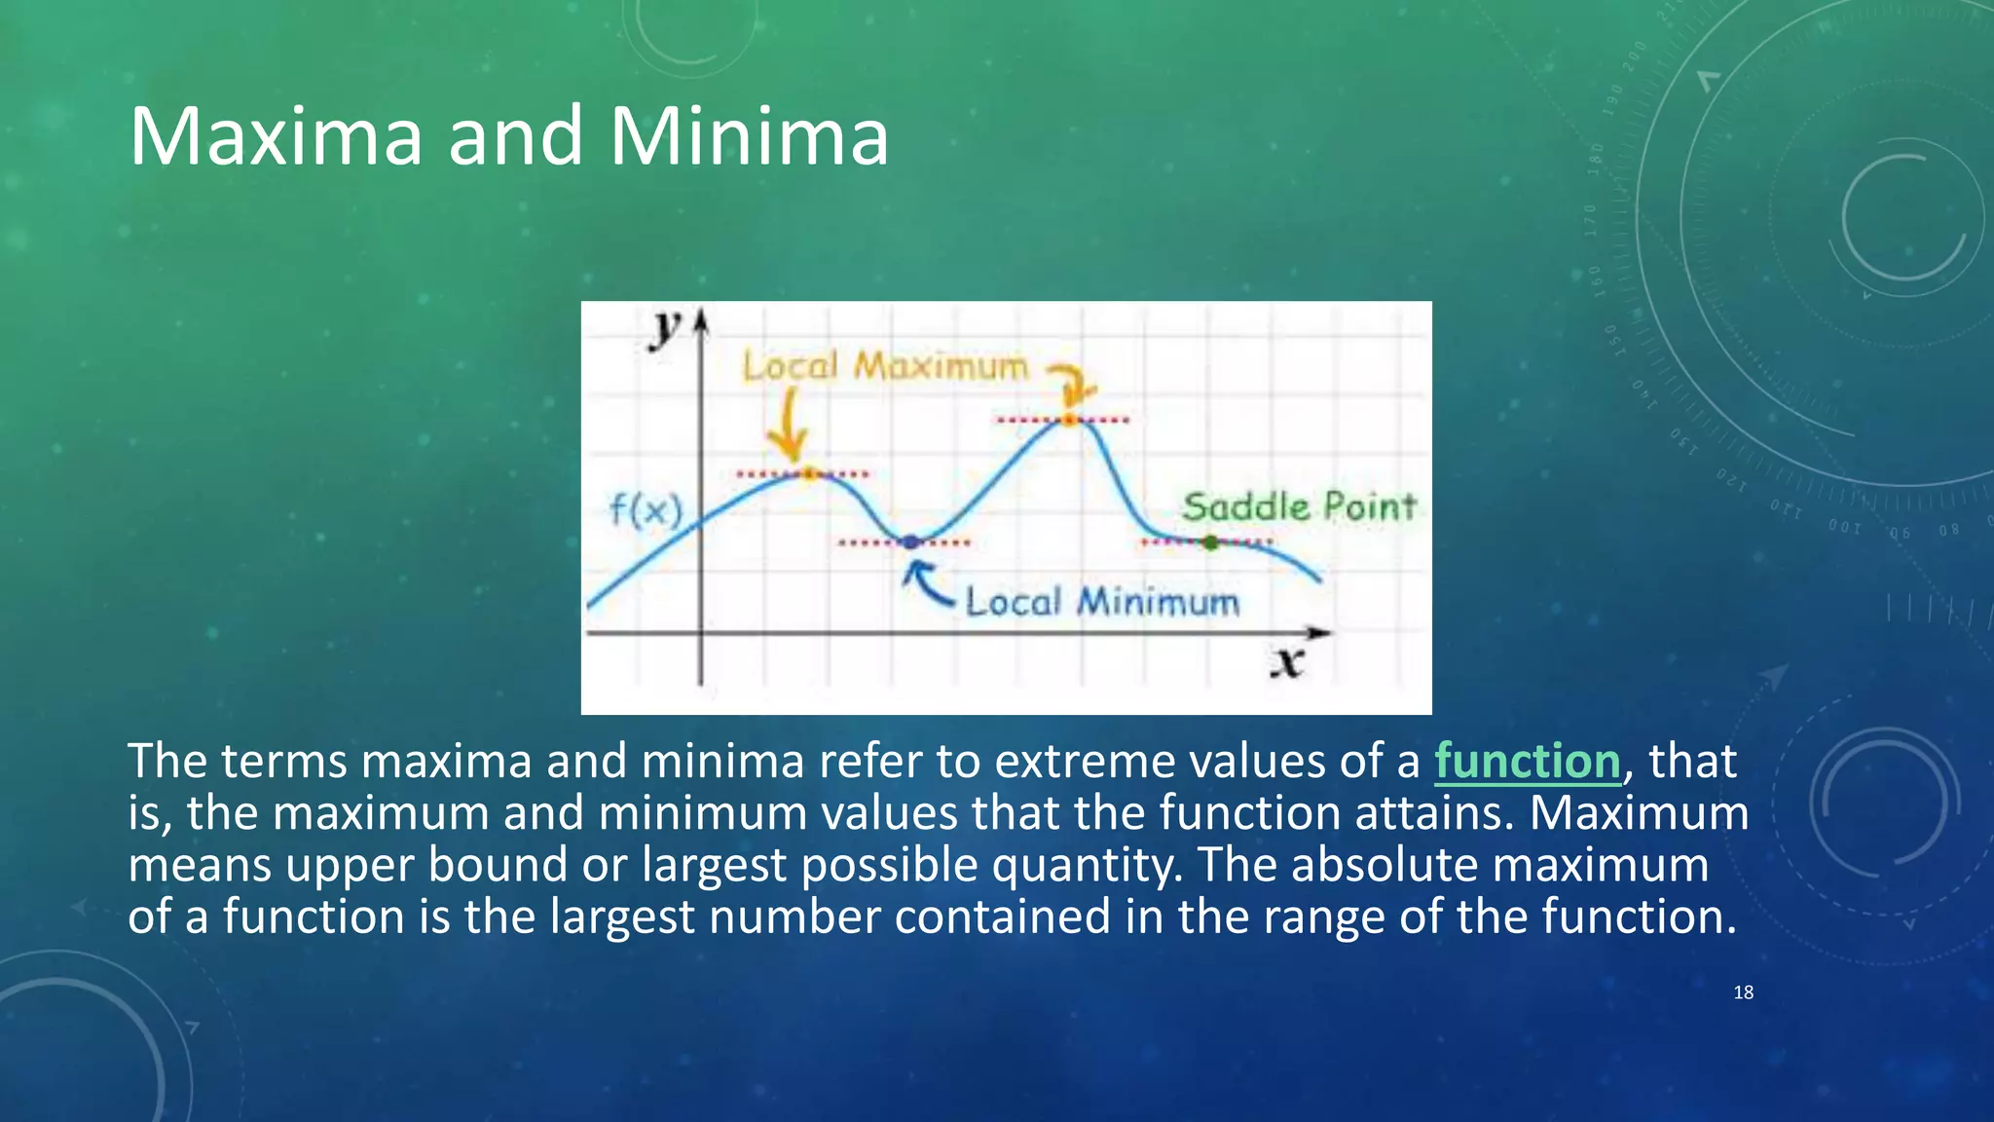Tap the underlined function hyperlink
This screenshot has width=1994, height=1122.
(x=1527, y=761)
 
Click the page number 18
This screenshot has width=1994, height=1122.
(x=1743, y=992)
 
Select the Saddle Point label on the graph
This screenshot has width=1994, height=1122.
(x=1298, y=506)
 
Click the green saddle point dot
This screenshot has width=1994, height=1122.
(x=1210, y=542)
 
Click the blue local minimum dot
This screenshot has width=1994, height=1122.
(x=910, y=542)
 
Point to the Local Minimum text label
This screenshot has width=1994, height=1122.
(x=1102, y=602)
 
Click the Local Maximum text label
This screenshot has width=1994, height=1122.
(x=884, y=366)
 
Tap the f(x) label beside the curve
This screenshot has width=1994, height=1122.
(x=646, y=509)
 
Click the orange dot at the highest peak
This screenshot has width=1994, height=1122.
(x=1069, y=420)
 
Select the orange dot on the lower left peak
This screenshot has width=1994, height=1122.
(x=808, y=474)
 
